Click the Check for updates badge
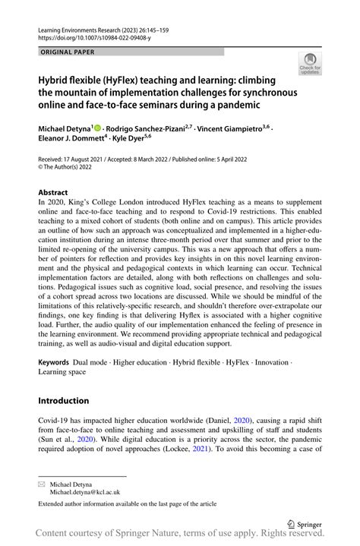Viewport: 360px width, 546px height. (x=311, y=65)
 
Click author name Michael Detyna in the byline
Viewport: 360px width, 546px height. (x=65, y=130)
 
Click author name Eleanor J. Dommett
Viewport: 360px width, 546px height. (x=72, y=140)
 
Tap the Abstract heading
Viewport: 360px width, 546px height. (x=53, y=193)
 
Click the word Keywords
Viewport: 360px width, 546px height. (x=58, y=364)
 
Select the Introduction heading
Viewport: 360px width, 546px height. (x=64, y=401)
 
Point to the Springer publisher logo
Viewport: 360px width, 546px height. (x=307, y=523)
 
